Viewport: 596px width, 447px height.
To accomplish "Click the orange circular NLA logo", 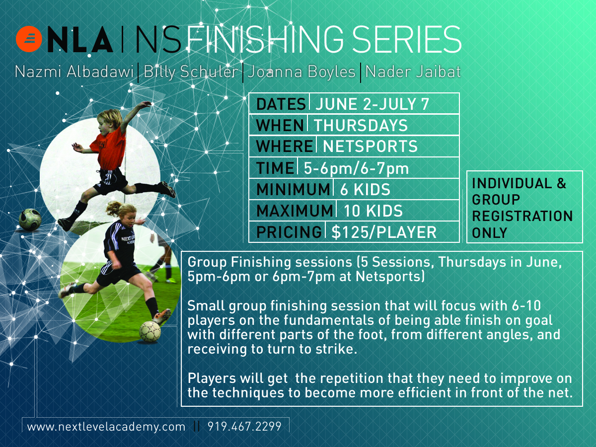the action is (29, 39).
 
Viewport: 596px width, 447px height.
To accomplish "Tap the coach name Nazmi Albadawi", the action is (74, 72).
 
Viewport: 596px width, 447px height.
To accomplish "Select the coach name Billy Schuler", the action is (191, 72).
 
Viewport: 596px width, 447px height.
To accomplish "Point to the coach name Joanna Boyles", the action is (301, 72).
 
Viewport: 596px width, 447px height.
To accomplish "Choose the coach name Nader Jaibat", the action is (413, 72).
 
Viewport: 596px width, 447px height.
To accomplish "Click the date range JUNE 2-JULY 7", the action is (372, 104).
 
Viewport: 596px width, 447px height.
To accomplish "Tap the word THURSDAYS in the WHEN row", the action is (361, 125).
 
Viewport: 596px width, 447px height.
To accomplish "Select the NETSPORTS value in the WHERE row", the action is (370, 147).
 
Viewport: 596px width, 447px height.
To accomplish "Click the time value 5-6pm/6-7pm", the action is (356, 168).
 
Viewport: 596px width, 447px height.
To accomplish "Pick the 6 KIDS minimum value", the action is (365, 189).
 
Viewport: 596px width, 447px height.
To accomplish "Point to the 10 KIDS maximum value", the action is (373, 211).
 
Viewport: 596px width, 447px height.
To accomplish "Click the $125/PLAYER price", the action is (384, 232).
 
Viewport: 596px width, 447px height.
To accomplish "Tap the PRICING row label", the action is (289, 232).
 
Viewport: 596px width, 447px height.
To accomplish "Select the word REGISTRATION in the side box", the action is (522, 216).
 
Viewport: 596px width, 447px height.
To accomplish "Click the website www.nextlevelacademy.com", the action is (106, 427).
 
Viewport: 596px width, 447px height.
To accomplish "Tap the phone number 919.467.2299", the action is (244, 426).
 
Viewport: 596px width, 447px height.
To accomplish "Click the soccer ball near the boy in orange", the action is (30, 220).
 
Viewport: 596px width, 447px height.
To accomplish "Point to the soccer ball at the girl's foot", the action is (150, 331).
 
